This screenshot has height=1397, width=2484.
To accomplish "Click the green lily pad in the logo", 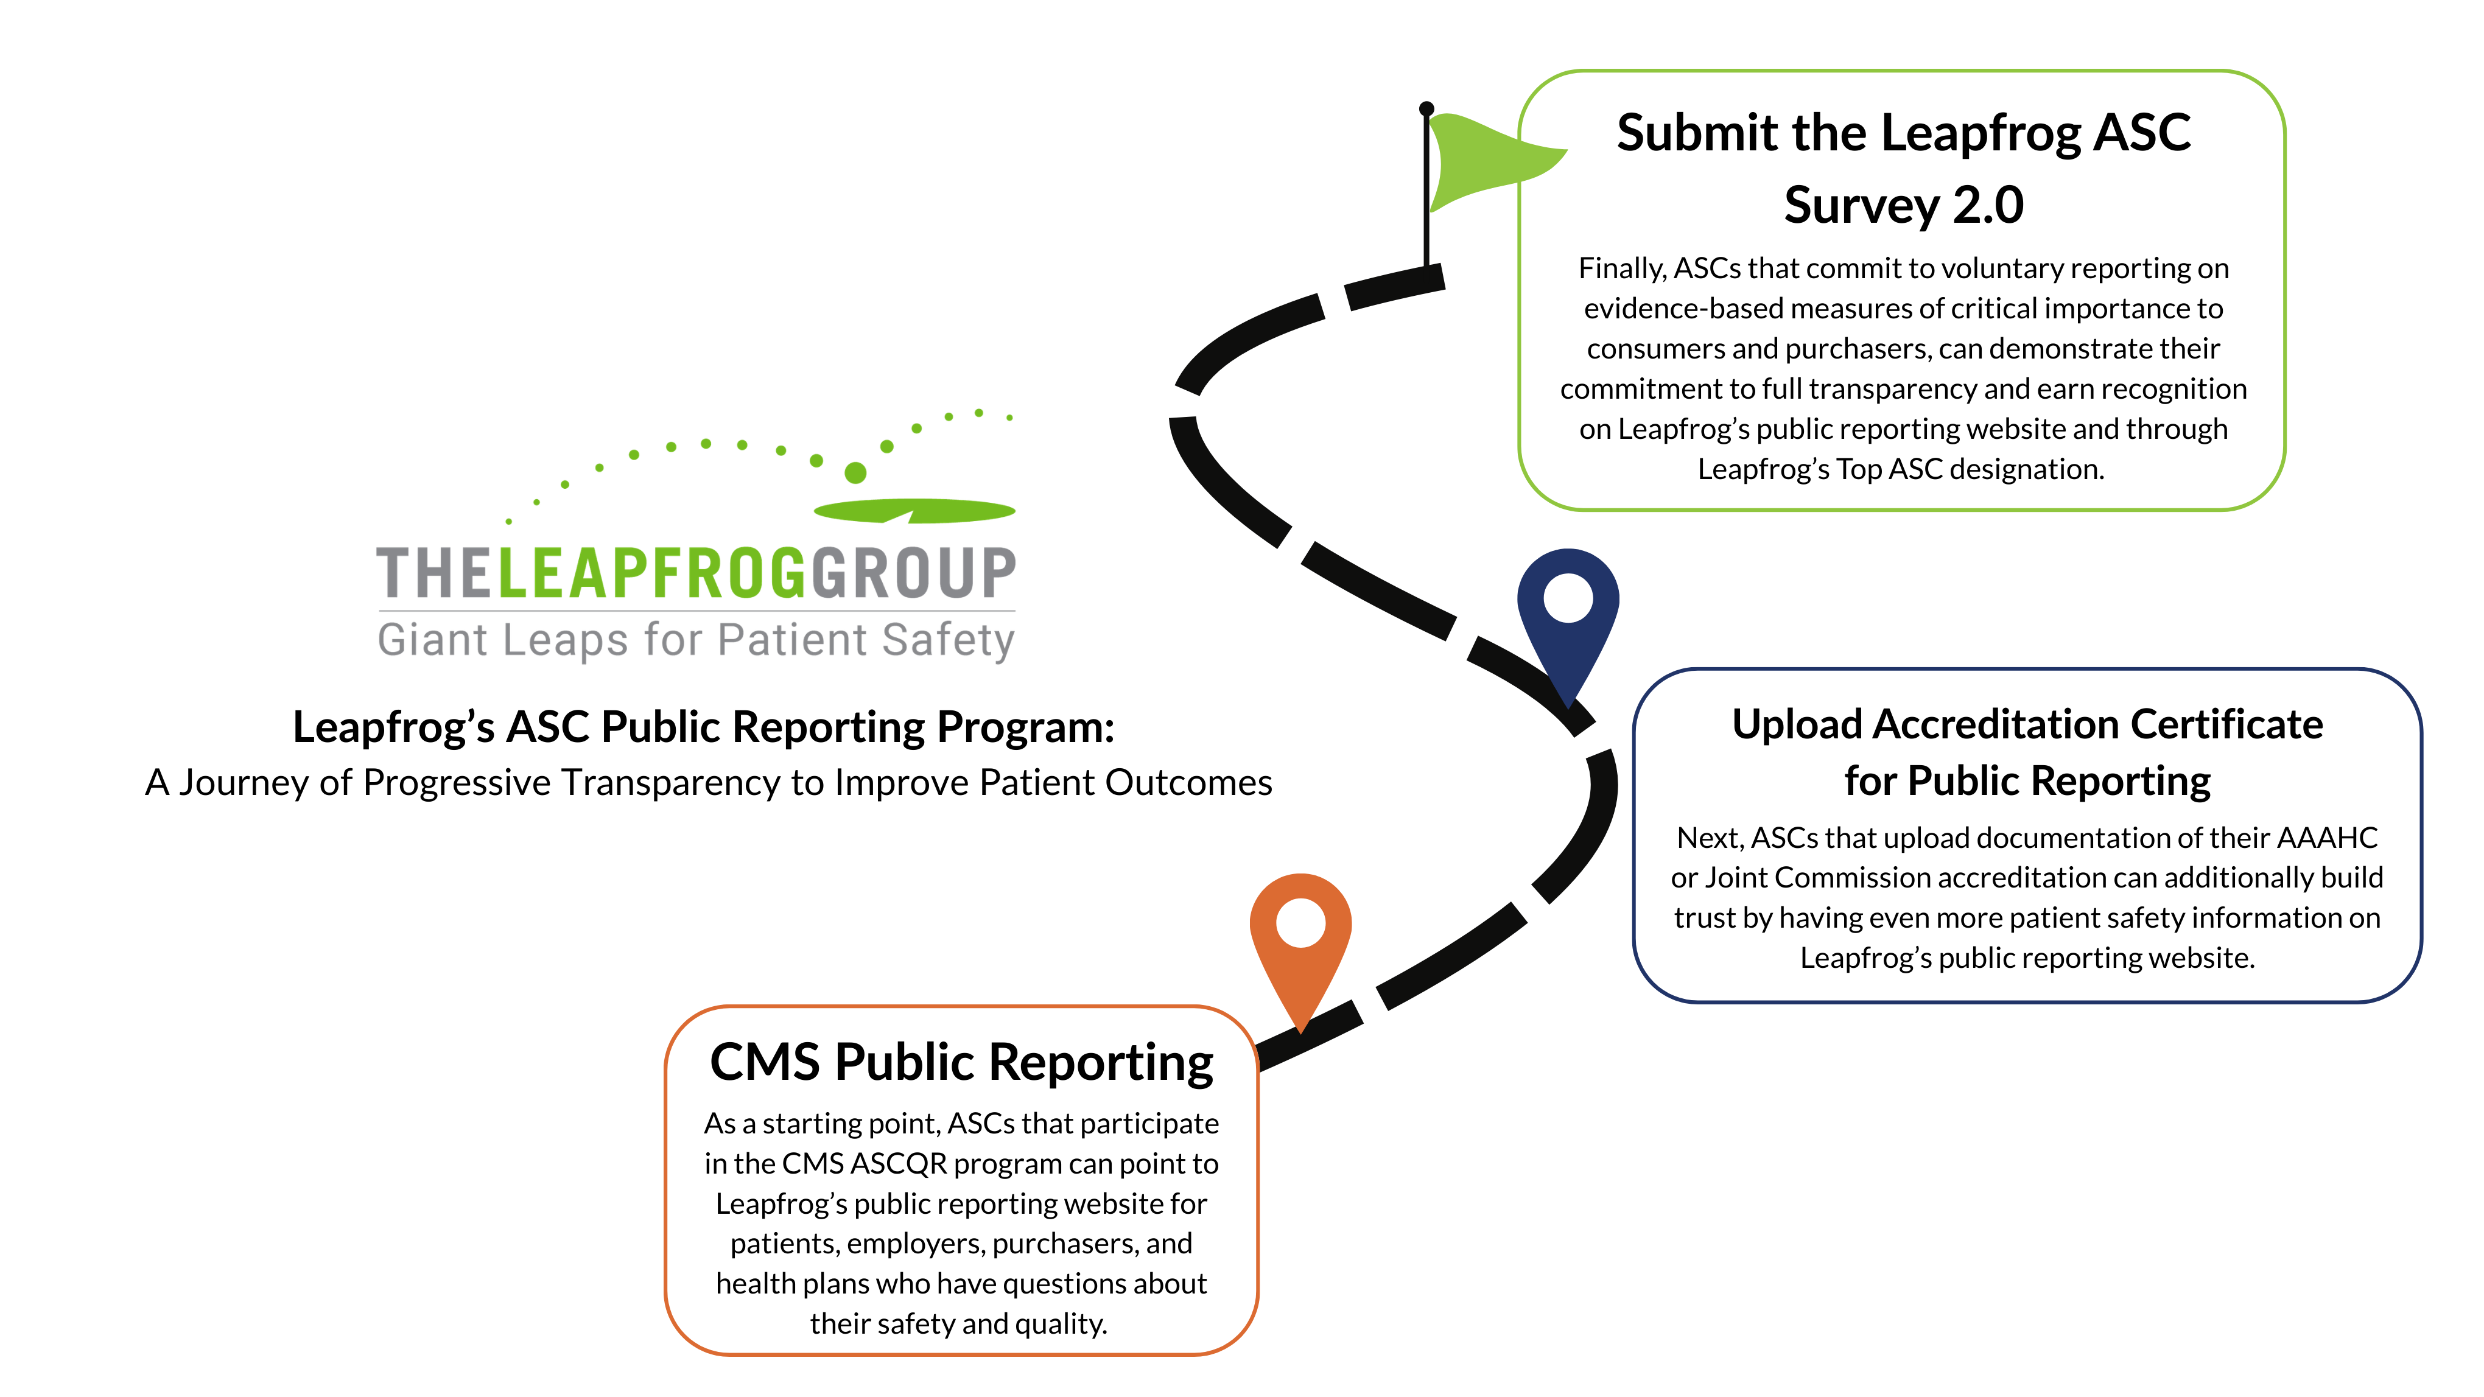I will pyautogui.click(x=914, y=510).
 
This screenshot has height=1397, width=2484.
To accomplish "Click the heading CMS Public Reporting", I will pyautogui.click(x=961, y=1062).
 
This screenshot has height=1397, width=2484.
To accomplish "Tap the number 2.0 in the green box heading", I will pyautogui.click(x=1987, y=205).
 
